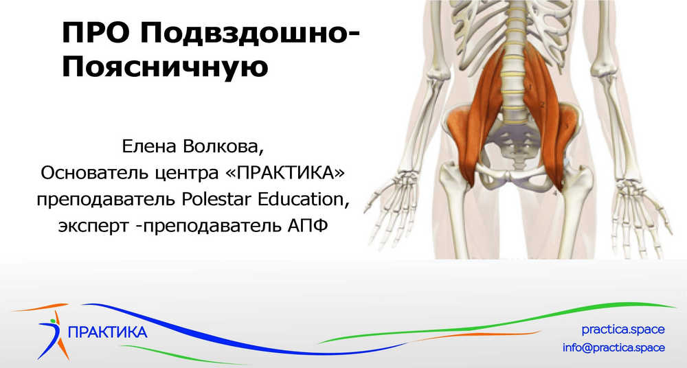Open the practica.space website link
(x=623, y=330)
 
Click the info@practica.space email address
(x=613, y=347)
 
